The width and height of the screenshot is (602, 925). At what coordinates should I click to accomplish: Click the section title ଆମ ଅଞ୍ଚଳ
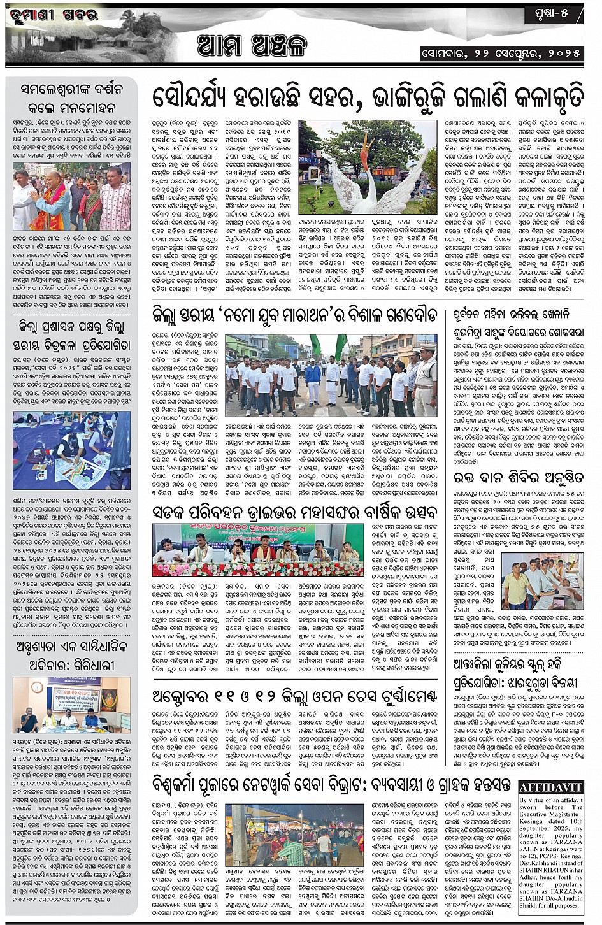pos(251,45)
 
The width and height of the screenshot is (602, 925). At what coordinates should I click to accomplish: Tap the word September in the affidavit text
pos(534,828)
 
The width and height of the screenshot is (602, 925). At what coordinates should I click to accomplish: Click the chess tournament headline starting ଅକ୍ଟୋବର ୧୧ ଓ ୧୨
pos(294,696)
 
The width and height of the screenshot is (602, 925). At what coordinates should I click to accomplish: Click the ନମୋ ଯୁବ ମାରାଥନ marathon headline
pos(294,315)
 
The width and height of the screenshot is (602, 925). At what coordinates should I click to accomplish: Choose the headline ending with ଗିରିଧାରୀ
pos(72,656)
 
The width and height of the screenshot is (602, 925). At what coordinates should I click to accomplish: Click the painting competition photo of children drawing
pos(71,450)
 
